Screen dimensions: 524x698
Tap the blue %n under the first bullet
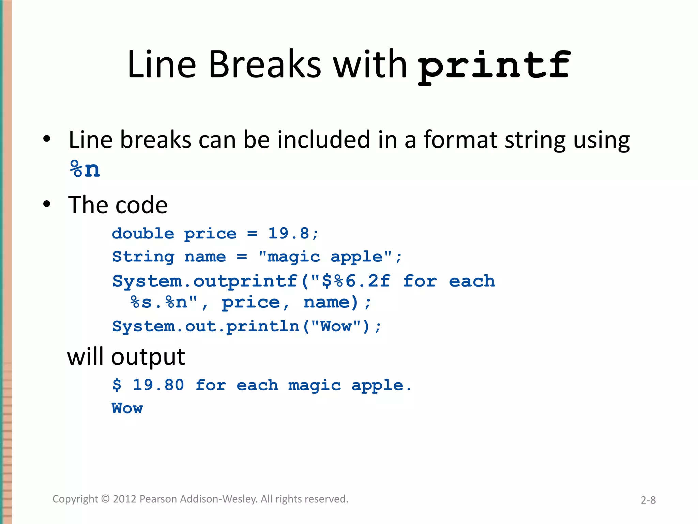click(85, 169)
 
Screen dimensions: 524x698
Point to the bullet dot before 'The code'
click(47, 204)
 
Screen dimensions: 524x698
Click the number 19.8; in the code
click(293, 234)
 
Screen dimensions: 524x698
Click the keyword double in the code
click(143, 234)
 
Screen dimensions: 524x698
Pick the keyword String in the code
click(143, 257)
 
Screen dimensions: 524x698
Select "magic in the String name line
click(289, 257)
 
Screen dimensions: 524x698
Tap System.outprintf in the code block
click(205, 281)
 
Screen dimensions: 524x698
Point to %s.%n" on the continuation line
click(164, 303)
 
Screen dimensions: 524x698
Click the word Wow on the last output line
click(127, 408)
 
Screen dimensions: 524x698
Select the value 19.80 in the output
click(158, 385)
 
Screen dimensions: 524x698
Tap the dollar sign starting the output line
click(117, 385)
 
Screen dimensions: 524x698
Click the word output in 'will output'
click(148, 357)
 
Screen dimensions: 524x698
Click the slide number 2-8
click(648, 500)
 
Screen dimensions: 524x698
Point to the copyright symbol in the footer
click(106, 499)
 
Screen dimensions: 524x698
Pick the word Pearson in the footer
click(158, 499)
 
